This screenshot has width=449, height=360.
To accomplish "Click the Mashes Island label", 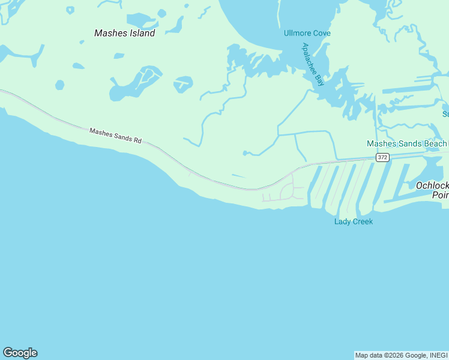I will pyautogui.click(x=125, y=33).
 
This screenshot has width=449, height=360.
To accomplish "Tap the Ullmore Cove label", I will pyautogui.click(x=307, y=33).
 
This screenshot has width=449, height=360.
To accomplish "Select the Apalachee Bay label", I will pyautogui.click(x=313, y=64).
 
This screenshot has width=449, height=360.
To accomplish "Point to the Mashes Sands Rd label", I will pyautogui.click(x=115, y=136).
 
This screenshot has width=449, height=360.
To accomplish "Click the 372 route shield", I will pyautogui.click(x=382, y=157).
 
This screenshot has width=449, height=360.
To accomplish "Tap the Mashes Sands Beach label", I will pyautogui.click(x=407, y=144).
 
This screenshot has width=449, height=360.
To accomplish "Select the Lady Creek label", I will pyautogui.click(x=354, y=222).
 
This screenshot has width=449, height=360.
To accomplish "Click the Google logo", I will pyautogui.click(x=20, y=353).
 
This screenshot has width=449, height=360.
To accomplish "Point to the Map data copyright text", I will pyautogui.click(x=401, y=355).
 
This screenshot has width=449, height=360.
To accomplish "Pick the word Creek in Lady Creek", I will pyautogui.click(x=362, y=222).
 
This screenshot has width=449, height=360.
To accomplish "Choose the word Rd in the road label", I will pyautogui.click(x=137, y=140).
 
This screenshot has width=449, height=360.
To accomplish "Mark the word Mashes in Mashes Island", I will pyautogui.click(x=109, y=33).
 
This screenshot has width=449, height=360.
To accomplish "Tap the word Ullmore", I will pyautogui.click(x=297, y=33).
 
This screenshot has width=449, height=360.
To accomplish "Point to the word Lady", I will pyautogui.click(x=342, y=222).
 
